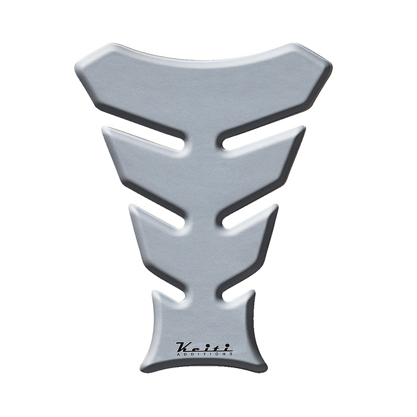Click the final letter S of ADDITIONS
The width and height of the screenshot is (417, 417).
point(230,353)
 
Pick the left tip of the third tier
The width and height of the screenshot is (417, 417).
point(131,208)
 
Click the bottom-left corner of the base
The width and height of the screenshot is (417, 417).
point(143,366)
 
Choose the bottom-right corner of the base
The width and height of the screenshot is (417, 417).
point(266,366)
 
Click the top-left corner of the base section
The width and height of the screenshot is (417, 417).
point(156,294)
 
